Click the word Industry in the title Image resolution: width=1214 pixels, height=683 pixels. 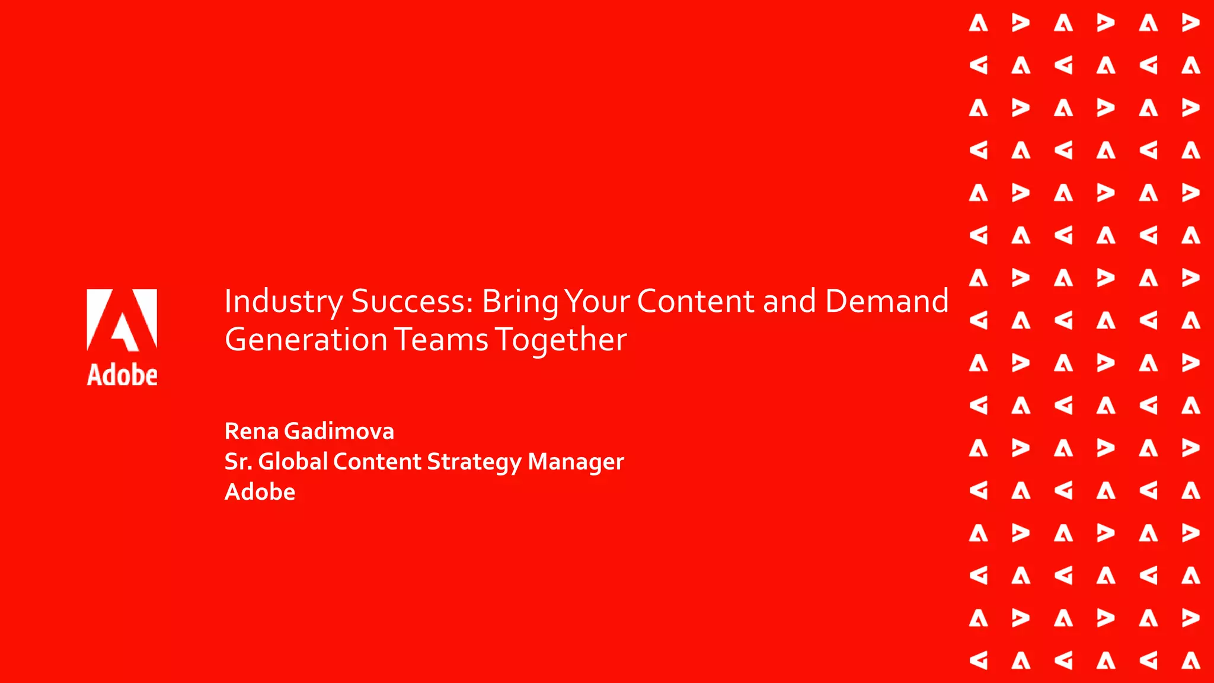point(283,302)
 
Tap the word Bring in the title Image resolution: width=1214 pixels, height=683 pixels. point(520,302)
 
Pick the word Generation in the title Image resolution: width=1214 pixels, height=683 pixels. point(306,340)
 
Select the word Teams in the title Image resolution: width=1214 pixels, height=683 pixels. point(442,340)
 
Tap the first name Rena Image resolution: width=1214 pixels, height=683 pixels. point(251,431)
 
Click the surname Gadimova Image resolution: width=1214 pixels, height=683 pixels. point(339,431)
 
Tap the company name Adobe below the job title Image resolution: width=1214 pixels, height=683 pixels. point(260,491)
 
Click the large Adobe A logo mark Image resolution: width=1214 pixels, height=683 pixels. point(122,320)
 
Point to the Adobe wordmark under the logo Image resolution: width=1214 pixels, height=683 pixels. point(122,375)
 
